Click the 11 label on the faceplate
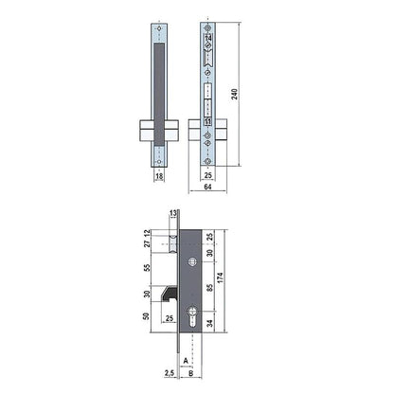pyautogui.click(x=208, y=123)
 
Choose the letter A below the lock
pyautogui.click(x=188, y=361)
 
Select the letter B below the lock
pyautogui.click(x=191, y=374)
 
